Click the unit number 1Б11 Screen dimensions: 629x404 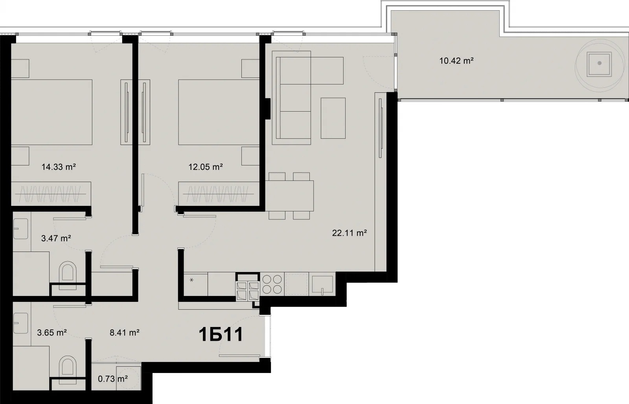[221, 335]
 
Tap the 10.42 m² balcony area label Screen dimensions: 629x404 [456, 61]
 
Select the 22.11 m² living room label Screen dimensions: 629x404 [349, 233]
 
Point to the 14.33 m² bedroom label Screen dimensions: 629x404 [59, 167]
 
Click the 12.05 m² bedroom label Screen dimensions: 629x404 [206, 167]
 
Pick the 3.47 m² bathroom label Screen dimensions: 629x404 [56, 239]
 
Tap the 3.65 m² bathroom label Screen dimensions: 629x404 [51, 332]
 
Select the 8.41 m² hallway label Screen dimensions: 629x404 [124, 332]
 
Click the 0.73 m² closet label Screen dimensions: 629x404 [112, 379]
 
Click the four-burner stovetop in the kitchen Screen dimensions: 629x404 [272, 284]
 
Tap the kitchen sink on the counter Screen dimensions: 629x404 [322, 284]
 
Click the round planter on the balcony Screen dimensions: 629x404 [600, 63]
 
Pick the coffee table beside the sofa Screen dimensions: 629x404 [333, 118]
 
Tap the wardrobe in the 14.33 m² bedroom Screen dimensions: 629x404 [51, 194]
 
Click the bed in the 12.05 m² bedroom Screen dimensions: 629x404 [219, 112]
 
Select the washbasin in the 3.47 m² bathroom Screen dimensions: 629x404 [20, 229]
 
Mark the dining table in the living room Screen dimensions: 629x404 [289, 196]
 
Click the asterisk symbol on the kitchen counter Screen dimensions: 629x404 [191, 280]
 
